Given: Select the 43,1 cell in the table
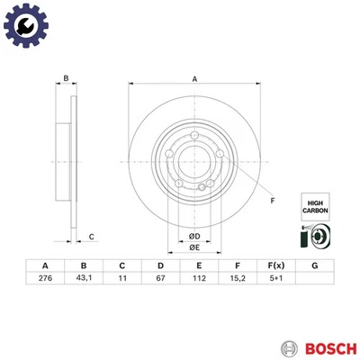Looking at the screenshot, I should click(x=83, y=280).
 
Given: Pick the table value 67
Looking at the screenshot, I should click(x=160, y=280).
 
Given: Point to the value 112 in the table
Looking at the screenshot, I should click(x=199, y=280).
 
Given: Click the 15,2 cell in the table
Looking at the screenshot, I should click(x=237, y=280).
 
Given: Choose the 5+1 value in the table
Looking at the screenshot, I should click(x=275, y=280).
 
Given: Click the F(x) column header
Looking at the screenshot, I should click(x=275, y=265).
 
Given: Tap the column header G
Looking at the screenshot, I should click(x=314, y=265).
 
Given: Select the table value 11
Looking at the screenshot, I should click(x=121, y=280).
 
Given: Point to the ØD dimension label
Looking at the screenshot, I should click(x=193, y=237).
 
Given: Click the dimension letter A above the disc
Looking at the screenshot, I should click(x=193, y=79).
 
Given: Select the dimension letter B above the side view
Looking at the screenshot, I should click(x=65, y=79).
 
